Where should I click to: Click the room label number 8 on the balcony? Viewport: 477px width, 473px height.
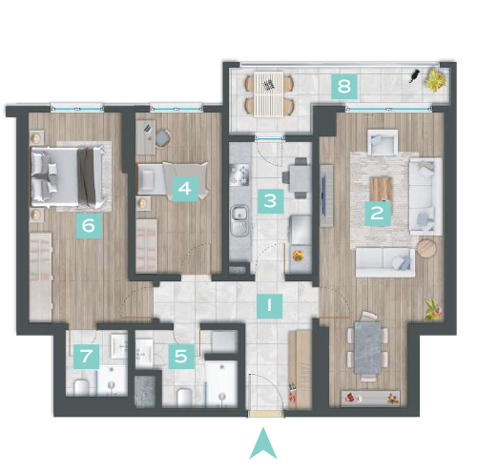click(344, 86)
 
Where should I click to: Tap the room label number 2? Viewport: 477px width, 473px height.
click(378, 214)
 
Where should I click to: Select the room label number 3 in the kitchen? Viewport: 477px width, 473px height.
click(271, 201)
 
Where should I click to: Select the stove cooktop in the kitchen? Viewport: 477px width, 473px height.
click(239, 175)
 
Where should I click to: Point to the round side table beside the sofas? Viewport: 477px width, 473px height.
click(425, 248)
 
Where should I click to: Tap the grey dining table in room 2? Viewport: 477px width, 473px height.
click(367, 348)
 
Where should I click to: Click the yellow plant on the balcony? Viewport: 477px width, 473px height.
click(436, 80)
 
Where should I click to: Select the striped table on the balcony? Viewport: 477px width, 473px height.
click(269, 93)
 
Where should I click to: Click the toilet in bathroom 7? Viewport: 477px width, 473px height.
click(81, 388)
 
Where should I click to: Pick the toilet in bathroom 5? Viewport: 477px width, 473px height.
click(185, 398)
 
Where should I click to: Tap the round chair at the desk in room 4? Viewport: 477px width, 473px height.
click(164, 138)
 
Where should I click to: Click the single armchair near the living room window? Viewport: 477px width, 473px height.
click(383, 142)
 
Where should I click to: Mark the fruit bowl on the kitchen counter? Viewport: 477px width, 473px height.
click(298, 256)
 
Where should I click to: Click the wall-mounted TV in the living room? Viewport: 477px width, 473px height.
click(326, 195)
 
